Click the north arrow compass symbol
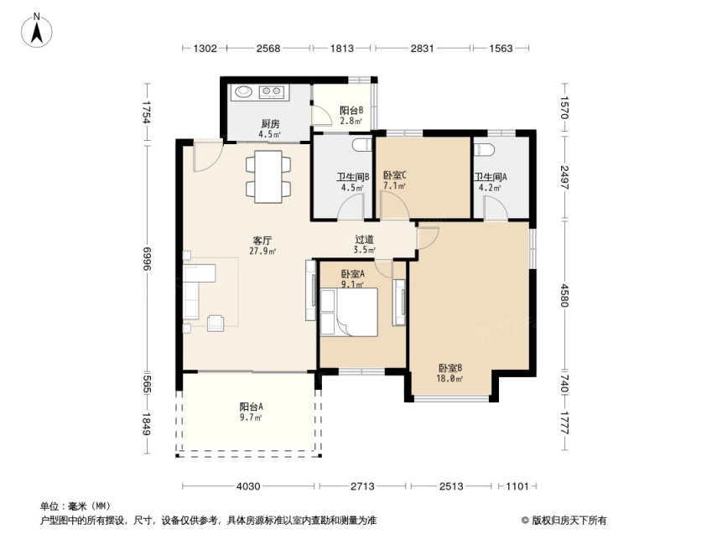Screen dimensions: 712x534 (37, 30)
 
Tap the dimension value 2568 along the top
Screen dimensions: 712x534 (268, 48)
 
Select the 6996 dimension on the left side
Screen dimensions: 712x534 (146, 259)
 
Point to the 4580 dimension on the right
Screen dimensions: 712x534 (564, 295)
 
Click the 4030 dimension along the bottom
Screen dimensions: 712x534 (248, 486)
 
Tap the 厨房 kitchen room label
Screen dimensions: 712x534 (270, 123)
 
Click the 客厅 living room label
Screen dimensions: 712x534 (262, 241)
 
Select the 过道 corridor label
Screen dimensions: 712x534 (364, 239)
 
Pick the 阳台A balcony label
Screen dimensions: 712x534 (252, 407)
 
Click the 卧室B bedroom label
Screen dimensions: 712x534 (450, 368)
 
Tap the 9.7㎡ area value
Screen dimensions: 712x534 (251, 417)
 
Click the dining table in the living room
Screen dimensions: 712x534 (268, 176)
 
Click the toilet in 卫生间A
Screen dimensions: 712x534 (484, 149)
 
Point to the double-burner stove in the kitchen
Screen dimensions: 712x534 (272, 92)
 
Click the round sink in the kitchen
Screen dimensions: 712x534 (243, 91)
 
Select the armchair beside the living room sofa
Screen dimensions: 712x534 (216, 323)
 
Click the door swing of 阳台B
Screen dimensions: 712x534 (322, 114)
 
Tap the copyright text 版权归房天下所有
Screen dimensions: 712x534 (569, 520)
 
